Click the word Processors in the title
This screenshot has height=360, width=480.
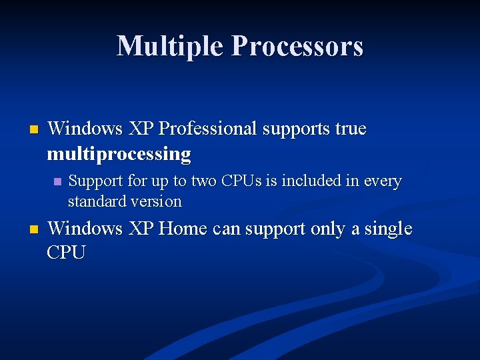click(297, 46)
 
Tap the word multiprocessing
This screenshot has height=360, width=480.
click(119, 154)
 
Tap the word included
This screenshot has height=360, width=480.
click(313, 181)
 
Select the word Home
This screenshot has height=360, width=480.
click(183, 229)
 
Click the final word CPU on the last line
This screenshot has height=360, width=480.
click(66, 253)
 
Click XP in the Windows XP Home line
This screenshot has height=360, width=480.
click(141, 229)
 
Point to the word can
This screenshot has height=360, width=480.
click(227, 229)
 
